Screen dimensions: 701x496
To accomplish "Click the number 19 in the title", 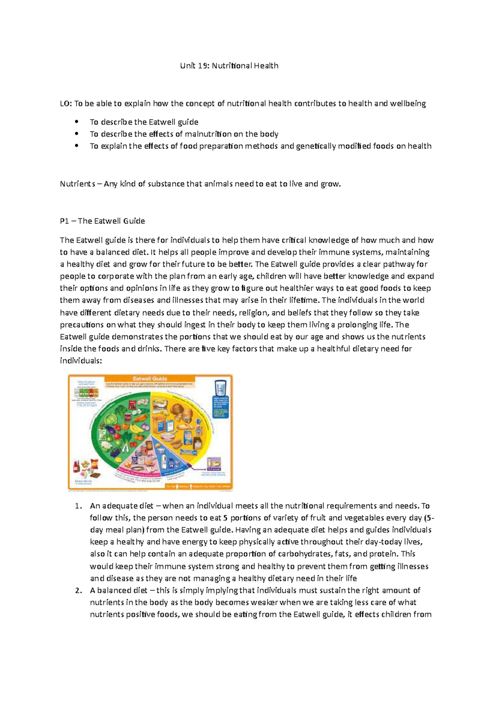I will [202, 66].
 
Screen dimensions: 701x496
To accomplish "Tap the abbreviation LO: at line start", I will [66, 104].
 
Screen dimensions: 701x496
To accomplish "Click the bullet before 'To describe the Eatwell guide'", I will [76, 122].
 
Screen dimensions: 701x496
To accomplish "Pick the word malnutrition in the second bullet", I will [208, 134].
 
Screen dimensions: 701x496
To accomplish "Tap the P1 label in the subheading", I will [64, 221].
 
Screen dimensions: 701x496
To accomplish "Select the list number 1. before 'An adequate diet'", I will [79, 506].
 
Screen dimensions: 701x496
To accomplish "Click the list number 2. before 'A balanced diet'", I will [79, 590].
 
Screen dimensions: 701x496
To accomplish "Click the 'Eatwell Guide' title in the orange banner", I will [150, 378].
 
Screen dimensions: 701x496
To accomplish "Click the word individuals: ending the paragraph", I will [81, 360].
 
